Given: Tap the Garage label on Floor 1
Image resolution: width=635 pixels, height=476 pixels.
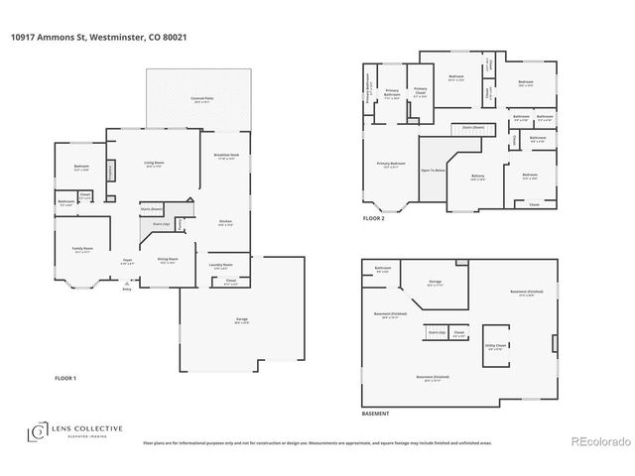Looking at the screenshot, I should coord(242,319).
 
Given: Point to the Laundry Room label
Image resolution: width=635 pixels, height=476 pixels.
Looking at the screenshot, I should coord(220,266).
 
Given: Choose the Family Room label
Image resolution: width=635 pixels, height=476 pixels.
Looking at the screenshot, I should coord(81,250).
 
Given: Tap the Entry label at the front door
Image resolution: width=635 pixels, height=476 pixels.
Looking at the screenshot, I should coord(126,290).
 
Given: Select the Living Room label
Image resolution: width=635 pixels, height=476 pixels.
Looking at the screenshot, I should coord(154,164).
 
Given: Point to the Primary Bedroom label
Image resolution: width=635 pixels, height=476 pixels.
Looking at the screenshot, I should coord(390,164).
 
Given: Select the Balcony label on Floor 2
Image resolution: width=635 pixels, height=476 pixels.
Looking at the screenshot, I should coord(478,177).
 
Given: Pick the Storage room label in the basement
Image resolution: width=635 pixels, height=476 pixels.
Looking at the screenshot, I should coord(435,283).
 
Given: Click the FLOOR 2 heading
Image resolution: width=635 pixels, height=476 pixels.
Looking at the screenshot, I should coord(373,217).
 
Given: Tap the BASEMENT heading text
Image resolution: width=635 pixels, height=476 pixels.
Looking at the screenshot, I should coord(376,413).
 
